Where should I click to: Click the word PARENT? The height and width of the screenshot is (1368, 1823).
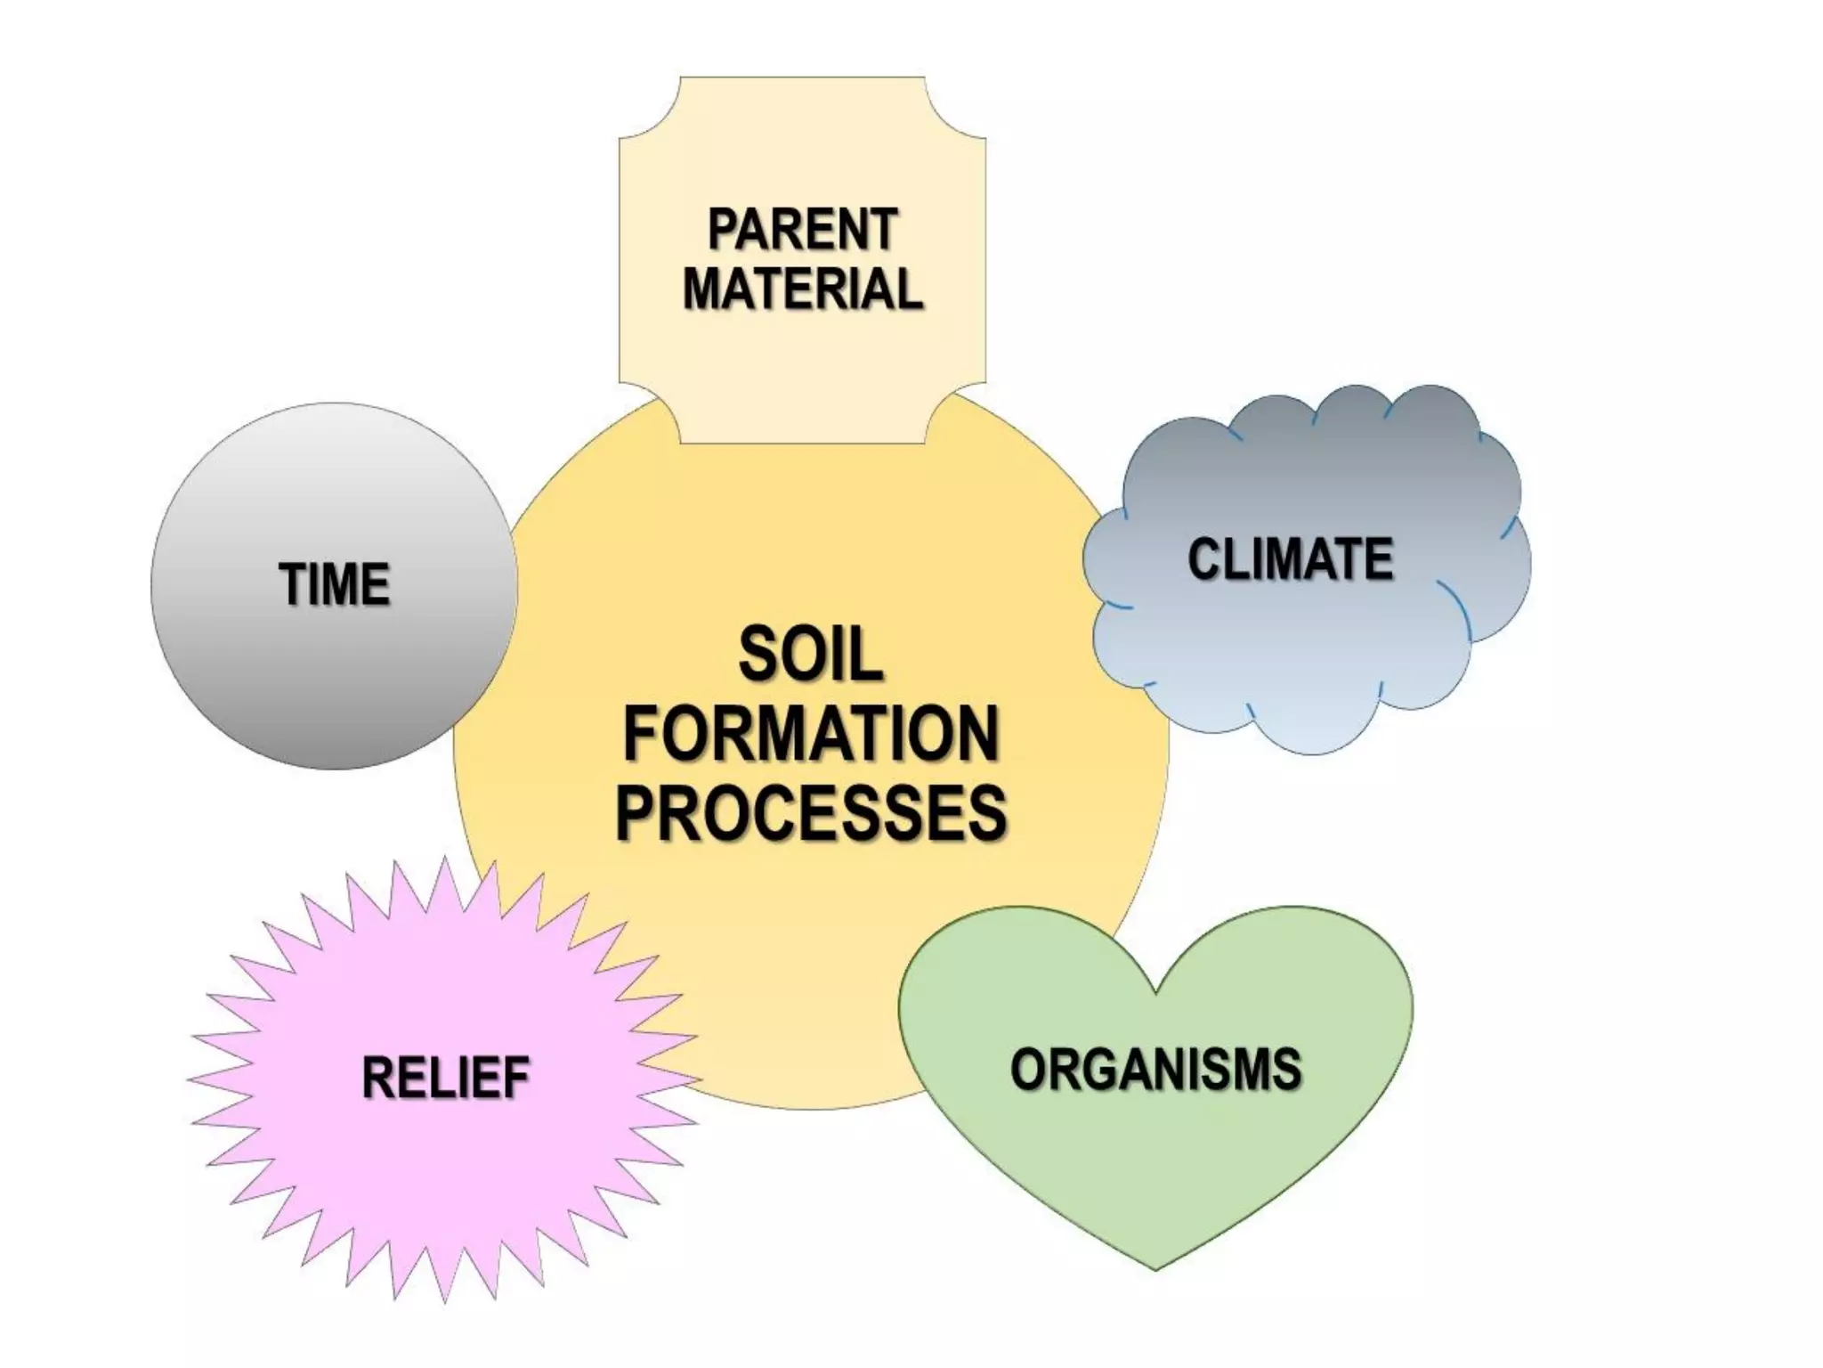802,230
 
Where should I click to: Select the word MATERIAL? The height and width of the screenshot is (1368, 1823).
802,289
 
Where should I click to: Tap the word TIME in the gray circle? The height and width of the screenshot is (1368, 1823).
335,584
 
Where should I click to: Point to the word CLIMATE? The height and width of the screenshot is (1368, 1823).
1290,559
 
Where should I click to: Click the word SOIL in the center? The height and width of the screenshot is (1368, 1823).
810,655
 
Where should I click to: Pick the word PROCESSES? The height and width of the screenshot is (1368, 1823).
810,812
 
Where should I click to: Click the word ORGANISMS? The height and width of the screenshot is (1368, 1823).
1155,1069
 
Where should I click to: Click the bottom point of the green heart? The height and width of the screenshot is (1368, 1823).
1155,1267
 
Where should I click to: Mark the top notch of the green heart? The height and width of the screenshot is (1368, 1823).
1155,990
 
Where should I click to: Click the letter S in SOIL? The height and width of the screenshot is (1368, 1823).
758,655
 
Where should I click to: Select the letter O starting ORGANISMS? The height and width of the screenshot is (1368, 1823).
1030,1069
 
